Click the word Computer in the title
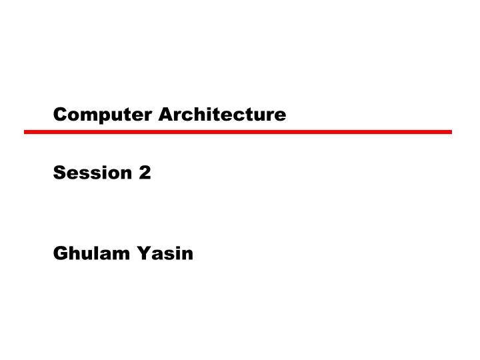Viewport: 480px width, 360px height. coord(103,115)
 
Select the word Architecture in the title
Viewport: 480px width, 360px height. coord(223,115)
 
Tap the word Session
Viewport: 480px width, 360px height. coord(93,173)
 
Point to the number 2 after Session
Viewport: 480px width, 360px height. coord(145,173)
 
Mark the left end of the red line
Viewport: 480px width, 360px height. coord(25,132)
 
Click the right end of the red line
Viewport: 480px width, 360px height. coord(451,132)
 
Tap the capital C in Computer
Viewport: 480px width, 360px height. coord(59,115)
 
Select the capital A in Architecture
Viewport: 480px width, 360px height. coord(165,115)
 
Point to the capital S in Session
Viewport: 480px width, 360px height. coord(59,173)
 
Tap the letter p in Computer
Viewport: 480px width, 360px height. coord(101,117)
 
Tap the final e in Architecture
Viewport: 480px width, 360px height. coord(281,116)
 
